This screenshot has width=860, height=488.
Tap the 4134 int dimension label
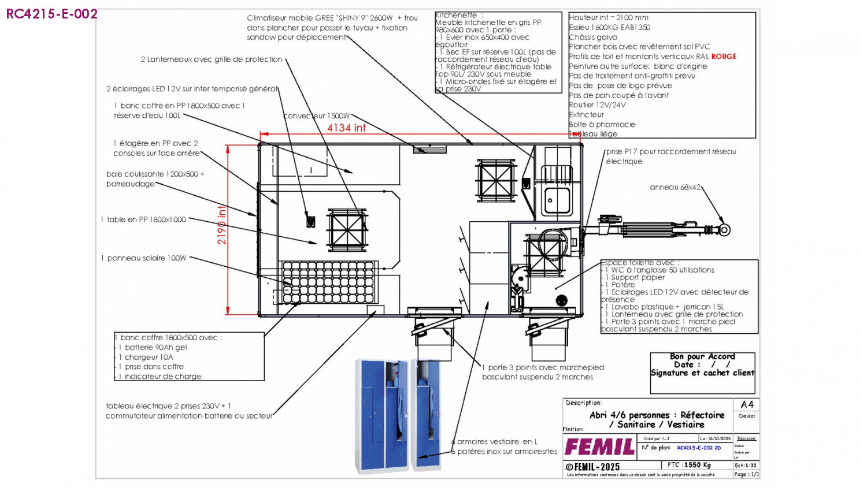click(346, 128)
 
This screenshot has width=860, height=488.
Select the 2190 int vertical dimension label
click(222, 225)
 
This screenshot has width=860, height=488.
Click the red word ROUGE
click(724, 57)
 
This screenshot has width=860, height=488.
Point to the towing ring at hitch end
click(725, 230)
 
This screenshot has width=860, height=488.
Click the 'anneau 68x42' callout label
click(674, 187)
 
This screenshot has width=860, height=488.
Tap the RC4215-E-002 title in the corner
click(51, 14)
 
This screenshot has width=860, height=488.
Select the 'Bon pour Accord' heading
click(702, 356)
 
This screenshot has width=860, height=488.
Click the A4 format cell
click(747, 404)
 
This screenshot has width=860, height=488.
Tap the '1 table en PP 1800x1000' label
click(144, 219)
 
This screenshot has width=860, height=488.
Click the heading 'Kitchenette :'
click(457, 15)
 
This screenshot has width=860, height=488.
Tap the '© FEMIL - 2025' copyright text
click(592, 467)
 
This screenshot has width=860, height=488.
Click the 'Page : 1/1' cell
click(746, 474)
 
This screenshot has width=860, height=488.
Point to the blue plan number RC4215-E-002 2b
click(699, 448)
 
